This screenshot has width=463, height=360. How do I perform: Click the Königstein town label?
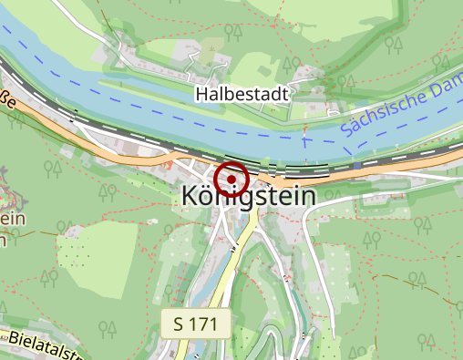click(248, 196)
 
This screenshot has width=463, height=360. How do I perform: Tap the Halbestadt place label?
click(242, 93)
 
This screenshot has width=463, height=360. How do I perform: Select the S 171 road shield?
click(196, 323)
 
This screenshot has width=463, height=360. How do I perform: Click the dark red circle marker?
click(231, 179)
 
